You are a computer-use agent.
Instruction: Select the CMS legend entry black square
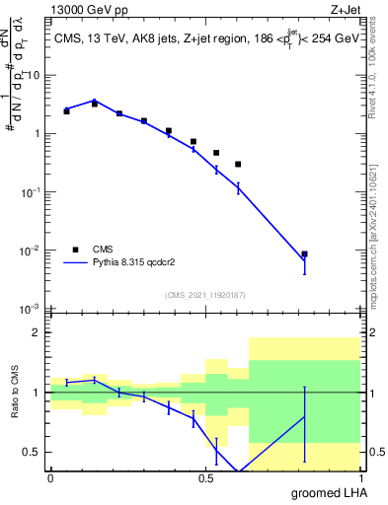coord(76,250)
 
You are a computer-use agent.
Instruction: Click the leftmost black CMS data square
coord(66,111)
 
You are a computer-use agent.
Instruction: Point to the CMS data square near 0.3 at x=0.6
coord(238,165)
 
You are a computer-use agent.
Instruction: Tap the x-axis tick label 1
coord(360,477)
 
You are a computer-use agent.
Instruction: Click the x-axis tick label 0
coord(50,477)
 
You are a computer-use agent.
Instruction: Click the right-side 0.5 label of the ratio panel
coord(375,452)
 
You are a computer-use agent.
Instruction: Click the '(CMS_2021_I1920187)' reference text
coord(205,295)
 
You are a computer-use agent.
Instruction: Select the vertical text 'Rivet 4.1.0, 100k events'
coord(378,69)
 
